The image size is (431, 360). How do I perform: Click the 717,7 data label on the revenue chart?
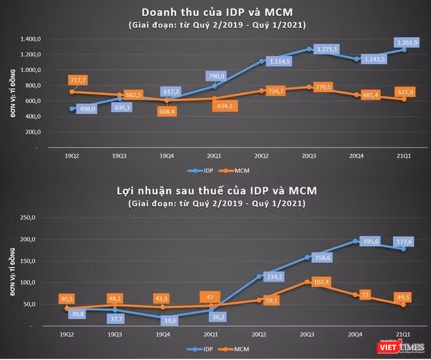78,80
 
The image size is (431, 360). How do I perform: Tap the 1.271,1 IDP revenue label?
327,49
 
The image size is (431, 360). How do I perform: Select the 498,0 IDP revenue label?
87,109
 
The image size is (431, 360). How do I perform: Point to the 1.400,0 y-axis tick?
30,39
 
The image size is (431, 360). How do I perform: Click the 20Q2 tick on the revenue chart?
261,156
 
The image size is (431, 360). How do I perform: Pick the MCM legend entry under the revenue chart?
234,171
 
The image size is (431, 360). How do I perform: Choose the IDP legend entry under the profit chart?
200,349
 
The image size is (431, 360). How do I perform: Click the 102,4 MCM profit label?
322,282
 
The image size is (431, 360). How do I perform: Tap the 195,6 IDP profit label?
371,242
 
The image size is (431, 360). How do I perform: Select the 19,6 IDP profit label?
170,321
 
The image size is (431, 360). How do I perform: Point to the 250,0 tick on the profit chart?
28,218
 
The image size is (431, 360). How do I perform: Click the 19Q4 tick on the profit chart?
162,334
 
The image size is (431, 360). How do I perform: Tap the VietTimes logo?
401,347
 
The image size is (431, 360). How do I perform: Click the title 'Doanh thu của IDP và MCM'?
217,12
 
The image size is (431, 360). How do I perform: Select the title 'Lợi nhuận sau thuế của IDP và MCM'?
217,190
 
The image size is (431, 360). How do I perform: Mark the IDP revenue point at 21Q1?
404,50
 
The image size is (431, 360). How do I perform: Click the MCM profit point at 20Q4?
355,295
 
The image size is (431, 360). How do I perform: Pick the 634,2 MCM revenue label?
225,106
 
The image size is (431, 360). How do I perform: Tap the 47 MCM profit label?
210,297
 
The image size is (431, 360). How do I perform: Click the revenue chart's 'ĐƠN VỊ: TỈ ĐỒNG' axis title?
13,93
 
